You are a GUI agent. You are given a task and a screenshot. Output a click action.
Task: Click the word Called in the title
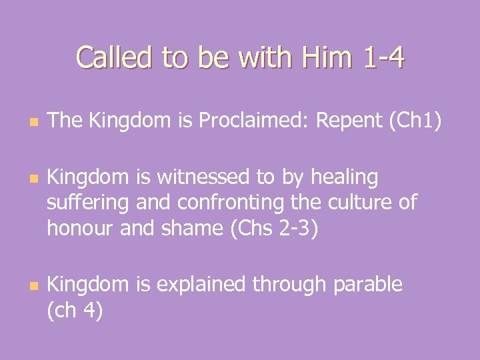click(x=113, y=58)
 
